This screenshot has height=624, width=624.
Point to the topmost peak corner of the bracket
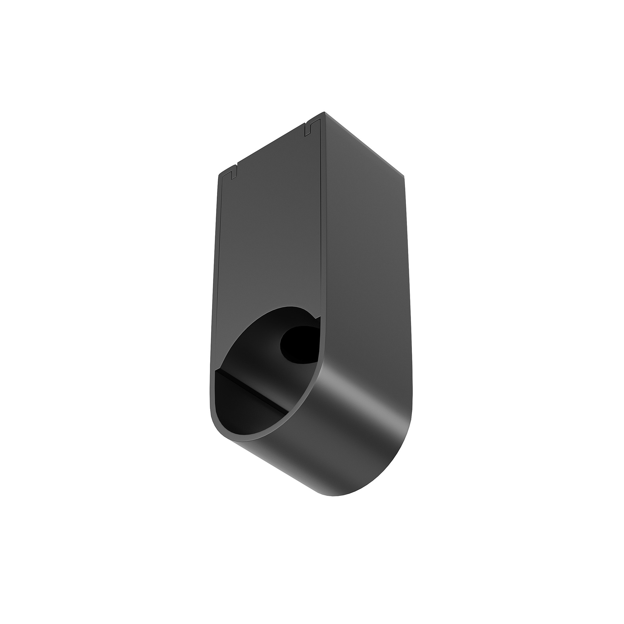tap(324, 112)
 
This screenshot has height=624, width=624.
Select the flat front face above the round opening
tap(270, 234)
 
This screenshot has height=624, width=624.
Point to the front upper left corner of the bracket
tap(218, 174)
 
